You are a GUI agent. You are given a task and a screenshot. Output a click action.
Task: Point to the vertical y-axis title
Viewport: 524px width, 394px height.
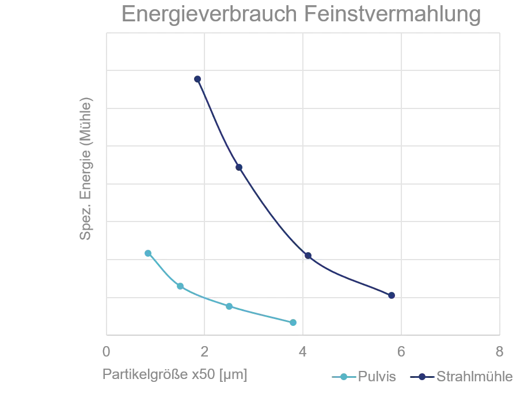tap(86, 167)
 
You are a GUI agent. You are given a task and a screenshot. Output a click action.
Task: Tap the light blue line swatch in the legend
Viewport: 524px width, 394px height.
tap(344, 377)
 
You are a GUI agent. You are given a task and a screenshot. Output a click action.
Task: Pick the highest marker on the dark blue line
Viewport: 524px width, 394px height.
tap(198, 78)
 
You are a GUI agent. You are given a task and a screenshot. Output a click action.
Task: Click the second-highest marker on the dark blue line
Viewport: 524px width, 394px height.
tap(238, 167)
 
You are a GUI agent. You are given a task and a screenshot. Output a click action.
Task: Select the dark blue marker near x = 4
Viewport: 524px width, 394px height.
tap(307, 254)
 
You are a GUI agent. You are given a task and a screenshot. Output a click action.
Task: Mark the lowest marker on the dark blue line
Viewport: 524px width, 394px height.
tap(392, 295)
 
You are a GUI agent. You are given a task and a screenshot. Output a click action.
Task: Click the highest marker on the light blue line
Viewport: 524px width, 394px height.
tap(148, 253)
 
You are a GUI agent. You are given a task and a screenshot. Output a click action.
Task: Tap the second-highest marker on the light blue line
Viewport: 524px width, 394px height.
tap(180, 286)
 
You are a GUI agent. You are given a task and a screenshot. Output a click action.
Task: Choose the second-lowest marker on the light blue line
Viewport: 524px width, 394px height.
tap(229, 306)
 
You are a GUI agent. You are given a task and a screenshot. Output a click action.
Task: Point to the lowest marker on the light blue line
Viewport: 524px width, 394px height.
tap(294, 323)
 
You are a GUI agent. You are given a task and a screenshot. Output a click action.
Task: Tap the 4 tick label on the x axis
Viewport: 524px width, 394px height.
tap(303, 352)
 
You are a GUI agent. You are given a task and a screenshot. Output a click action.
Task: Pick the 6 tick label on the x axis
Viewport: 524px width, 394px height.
tap(401, 352)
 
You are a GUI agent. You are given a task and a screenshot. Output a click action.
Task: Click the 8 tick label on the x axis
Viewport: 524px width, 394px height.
tap(500, 352)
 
